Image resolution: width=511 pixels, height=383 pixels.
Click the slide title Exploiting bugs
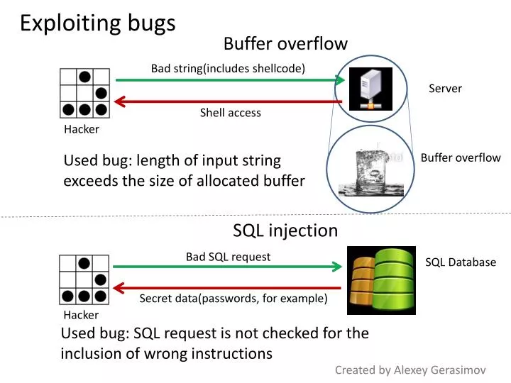click(x=97, y=23)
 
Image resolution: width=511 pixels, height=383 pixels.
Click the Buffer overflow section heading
click(x=285, y=44)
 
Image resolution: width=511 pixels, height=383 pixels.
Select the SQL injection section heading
click(x=285, y=231)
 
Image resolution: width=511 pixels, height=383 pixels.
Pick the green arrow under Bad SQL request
click(x=228, y=267)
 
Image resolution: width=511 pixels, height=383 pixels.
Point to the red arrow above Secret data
click(x=228, y=288)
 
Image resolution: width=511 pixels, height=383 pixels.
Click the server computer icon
click(x=370, y=89)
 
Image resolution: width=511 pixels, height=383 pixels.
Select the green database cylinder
click(x=394, y=279)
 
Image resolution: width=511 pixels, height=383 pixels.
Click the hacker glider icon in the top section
click(x=84, y=93)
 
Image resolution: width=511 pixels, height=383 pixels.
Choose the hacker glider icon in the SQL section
click(x=84, y=279)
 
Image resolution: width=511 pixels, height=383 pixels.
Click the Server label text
click(x=445, y=89)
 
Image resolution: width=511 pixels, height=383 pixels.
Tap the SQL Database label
click(x=461, y=262)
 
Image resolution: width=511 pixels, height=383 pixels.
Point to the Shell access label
click(x=230, y=113)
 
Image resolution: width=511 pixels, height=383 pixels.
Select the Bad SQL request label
click(x=228, y=257)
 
